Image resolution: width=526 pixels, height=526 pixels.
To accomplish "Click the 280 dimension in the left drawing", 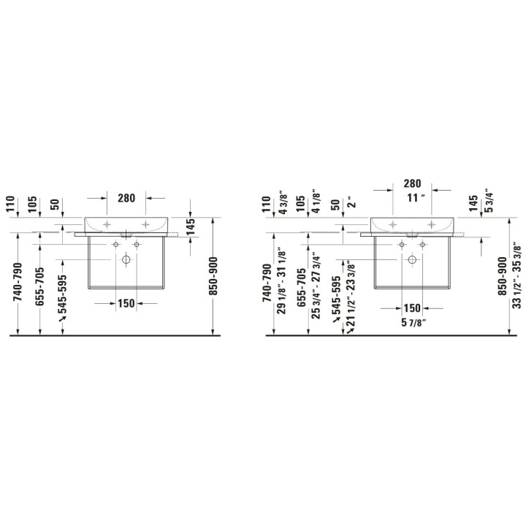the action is [126, 198].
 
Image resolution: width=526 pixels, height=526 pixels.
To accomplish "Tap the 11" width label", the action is [416, 197].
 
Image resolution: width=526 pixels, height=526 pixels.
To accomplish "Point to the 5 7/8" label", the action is [413, 322].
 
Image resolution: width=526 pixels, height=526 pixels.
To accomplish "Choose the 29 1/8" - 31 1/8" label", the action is [282, 283].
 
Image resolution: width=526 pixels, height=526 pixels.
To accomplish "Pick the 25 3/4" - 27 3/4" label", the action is [316, 288].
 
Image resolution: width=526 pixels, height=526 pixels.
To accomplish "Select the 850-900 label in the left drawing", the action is [213, 276].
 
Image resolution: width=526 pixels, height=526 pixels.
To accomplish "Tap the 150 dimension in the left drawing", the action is [126, 304].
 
